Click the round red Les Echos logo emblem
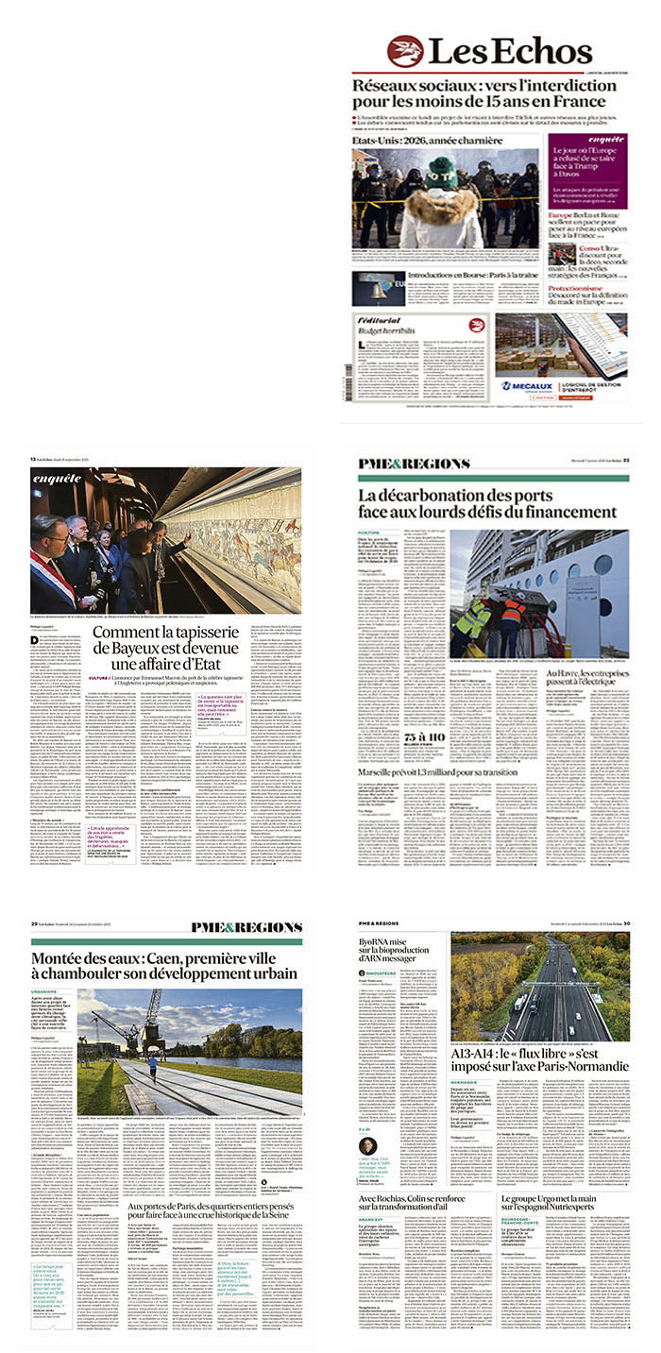coord(404,51)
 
